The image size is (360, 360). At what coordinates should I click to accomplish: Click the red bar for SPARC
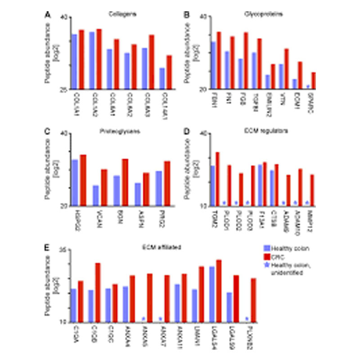[314, 81]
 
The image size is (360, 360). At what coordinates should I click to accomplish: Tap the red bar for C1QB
[97, 292]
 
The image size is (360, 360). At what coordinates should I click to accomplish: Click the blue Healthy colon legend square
[266, 247]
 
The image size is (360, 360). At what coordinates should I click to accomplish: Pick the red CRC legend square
[266, 255]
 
